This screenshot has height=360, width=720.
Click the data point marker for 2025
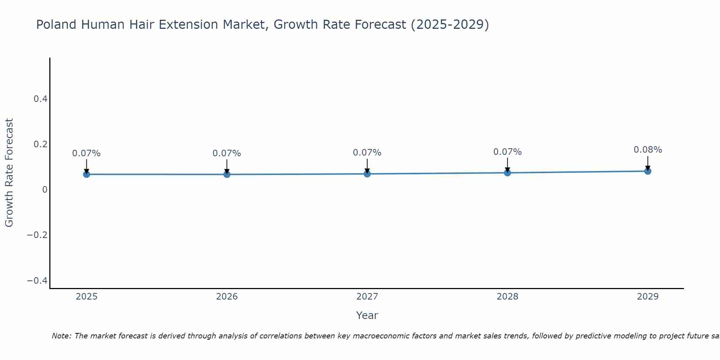[86, 174]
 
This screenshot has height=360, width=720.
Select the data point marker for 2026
[227, 174]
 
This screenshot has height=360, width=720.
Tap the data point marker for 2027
[367, 174]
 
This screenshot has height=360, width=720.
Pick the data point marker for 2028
[507, 173]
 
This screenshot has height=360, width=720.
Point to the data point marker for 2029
[648, 171]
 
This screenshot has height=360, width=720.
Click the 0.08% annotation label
[648, 150]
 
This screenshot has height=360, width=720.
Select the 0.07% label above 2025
[86, 153]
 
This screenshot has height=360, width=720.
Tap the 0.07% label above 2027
[367, 153]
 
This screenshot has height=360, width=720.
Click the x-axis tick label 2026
[227, 297]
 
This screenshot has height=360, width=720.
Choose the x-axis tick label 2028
[507, 297]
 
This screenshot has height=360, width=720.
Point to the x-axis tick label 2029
[648, 297]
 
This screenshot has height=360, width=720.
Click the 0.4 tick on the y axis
[41, 99]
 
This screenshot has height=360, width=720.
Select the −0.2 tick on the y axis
[37, 235]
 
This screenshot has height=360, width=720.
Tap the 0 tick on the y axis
[45, 190]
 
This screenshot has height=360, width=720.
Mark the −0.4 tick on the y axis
[37, 280]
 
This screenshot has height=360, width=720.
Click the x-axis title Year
[367, 315]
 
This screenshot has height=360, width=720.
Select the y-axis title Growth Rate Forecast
[9, 172]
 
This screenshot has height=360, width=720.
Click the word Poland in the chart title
[57, 25]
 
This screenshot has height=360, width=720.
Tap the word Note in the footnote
[61, 336]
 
